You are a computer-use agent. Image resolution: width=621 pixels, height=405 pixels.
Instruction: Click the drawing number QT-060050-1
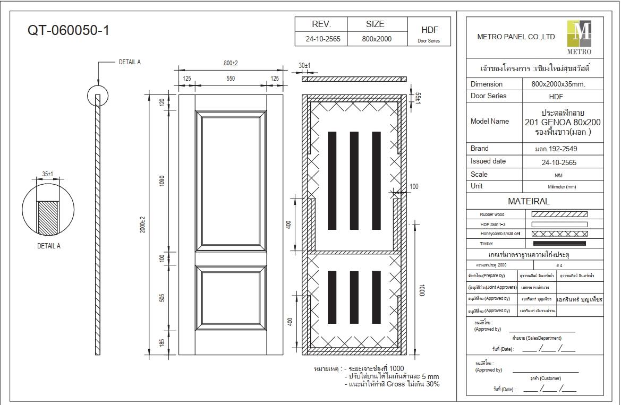pyautogui.click(x=69, y=30)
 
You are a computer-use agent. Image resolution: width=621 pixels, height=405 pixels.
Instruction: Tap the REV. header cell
pyautogui.click(x=321, y=24)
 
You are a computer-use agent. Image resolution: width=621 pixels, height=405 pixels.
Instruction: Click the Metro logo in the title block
pyautogui.click(x=579, y=37)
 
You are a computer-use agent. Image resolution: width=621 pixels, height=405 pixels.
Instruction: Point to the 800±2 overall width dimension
pyautogui.click(x=231, y=63)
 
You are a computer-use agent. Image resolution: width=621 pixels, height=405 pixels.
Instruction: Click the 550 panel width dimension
pyautogui.click(x=231, y=79)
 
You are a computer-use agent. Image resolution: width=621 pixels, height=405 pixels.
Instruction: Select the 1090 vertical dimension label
pyautogui.click(x=163, y=180)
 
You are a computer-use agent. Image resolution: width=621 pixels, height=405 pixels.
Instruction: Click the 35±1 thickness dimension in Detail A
pyautogui.click(x=47, y=174)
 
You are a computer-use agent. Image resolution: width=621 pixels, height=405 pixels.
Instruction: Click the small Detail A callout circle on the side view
pyautogui.click(x=97, y=96)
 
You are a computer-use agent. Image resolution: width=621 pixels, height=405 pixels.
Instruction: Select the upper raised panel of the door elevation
pyautogui.click(x=231, y=180)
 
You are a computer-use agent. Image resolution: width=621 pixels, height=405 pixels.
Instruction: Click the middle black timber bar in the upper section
pyautogui.click(x=354, y=180)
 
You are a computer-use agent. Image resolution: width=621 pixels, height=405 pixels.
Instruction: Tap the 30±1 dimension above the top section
pyautogui.click(x=304, y=66)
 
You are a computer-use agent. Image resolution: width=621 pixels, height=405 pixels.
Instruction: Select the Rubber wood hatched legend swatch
pyautogui.click(x=559, y=214)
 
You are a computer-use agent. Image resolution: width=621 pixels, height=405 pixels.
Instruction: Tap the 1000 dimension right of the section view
pyautogui.click(x=422, y=290)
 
